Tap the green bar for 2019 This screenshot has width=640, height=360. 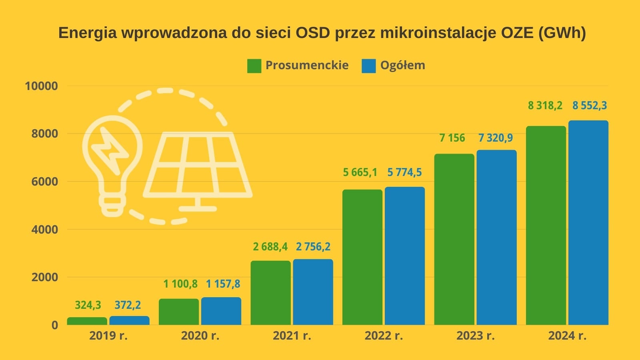(x=87, y=321)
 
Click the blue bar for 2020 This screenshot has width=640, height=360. (x=221, y=311)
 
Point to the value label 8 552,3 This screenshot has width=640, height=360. (x=589, y=106)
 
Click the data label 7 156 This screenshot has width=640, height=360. (x=452, y=138)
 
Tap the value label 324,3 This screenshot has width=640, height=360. (x=88, y=305)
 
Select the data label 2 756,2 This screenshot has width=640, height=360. (x=313, y=247)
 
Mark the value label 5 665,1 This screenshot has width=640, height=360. (x=360, y=172)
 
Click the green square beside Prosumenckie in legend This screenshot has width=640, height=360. (x=254, y=66)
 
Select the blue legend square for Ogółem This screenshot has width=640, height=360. (x=368, y=66)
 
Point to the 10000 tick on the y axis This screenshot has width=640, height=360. (x=41, y=86)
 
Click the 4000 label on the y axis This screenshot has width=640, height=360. (x=44, y=230)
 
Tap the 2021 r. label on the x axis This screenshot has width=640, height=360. (x=292, y=336)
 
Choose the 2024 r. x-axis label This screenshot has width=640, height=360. (x=567, y=336)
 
